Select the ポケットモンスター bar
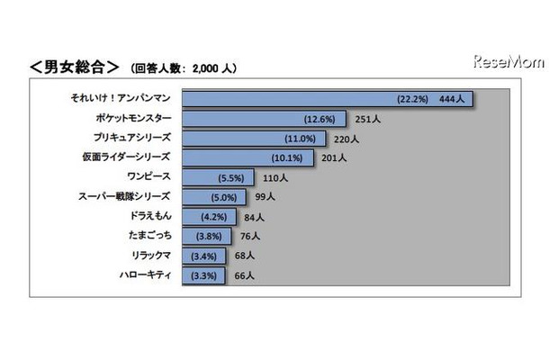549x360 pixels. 265,119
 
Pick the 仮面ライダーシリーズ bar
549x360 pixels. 248,158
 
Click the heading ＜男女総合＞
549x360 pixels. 75,67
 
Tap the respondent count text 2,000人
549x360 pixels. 213,68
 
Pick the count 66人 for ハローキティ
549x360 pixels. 244,276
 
